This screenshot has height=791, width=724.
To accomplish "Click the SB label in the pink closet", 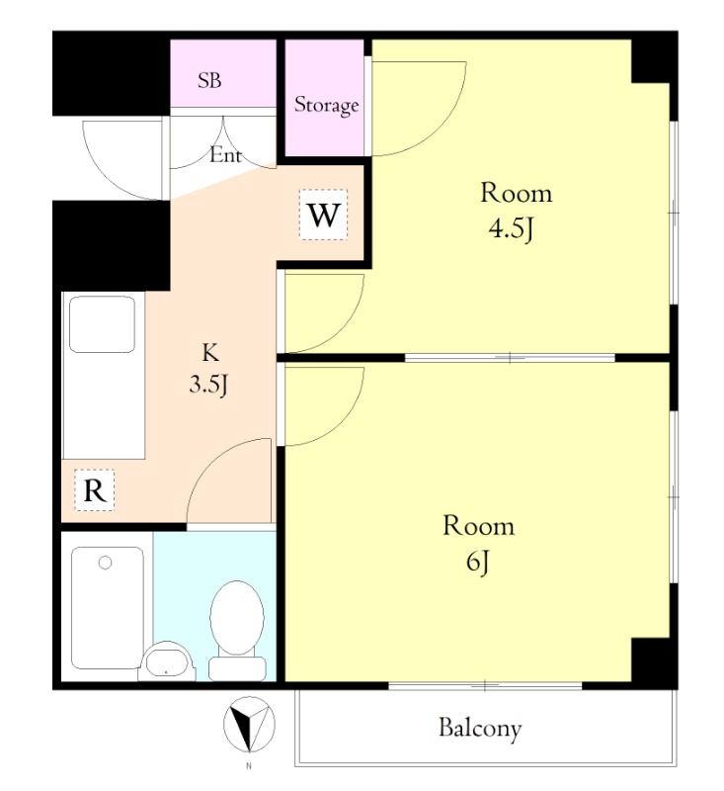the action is pyautogui.click(x=209, y=80).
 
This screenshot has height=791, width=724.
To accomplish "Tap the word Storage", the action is pyautogui.click(x=327, y=105).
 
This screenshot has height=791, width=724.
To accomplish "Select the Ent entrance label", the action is pyautogui.click(x=225, y=154).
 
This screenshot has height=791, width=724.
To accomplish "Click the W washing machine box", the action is pyautogui.click(x=323, y=215).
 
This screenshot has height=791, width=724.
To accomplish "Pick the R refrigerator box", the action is pyautogui.click(x=95, y=490).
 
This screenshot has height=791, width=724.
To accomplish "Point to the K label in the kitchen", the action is pyautogui.click(x=210, y=353).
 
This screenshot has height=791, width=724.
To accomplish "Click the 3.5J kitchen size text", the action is pyautogui.click(x=208, y=385).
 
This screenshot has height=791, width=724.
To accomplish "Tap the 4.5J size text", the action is pyautogui.click(x=511, y=229).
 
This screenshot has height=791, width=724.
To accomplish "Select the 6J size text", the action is pyautogui.click(x=477, y=562).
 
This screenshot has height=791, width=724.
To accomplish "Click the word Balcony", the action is pyautogui.click(x=480, y=728).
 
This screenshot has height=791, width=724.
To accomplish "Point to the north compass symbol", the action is pyautogui.click(x=249, y=725).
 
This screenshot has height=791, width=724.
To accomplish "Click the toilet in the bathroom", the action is pyautogui.click(x=237, y=630).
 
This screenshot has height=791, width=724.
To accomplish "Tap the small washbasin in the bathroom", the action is pyautogui.click(x=166, y=661).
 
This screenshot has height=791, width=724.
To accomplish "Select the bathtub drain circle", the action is pyautogui.click(x=105, y=563).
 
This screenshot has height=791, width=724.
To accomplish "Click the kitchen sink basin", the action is pyautogui.click(x=103, y=324).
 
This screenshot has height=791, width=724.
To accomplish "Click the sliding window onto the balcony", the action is pyautogui.click(x=485, y=685).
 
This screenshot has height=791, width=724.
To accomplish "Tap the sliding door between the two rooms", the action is pyautogui.click(x=510, y=358).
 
